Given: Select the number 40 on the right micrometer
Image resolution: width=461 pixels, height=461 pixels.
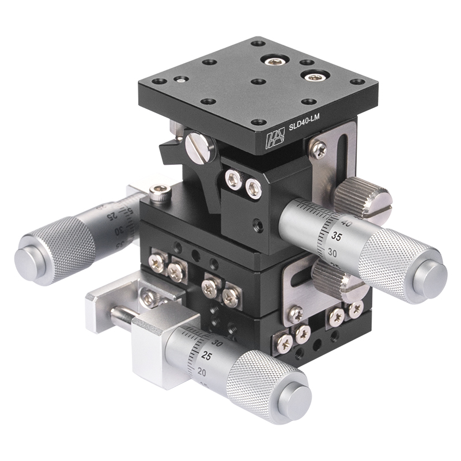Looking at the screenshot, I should point(346,222).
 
